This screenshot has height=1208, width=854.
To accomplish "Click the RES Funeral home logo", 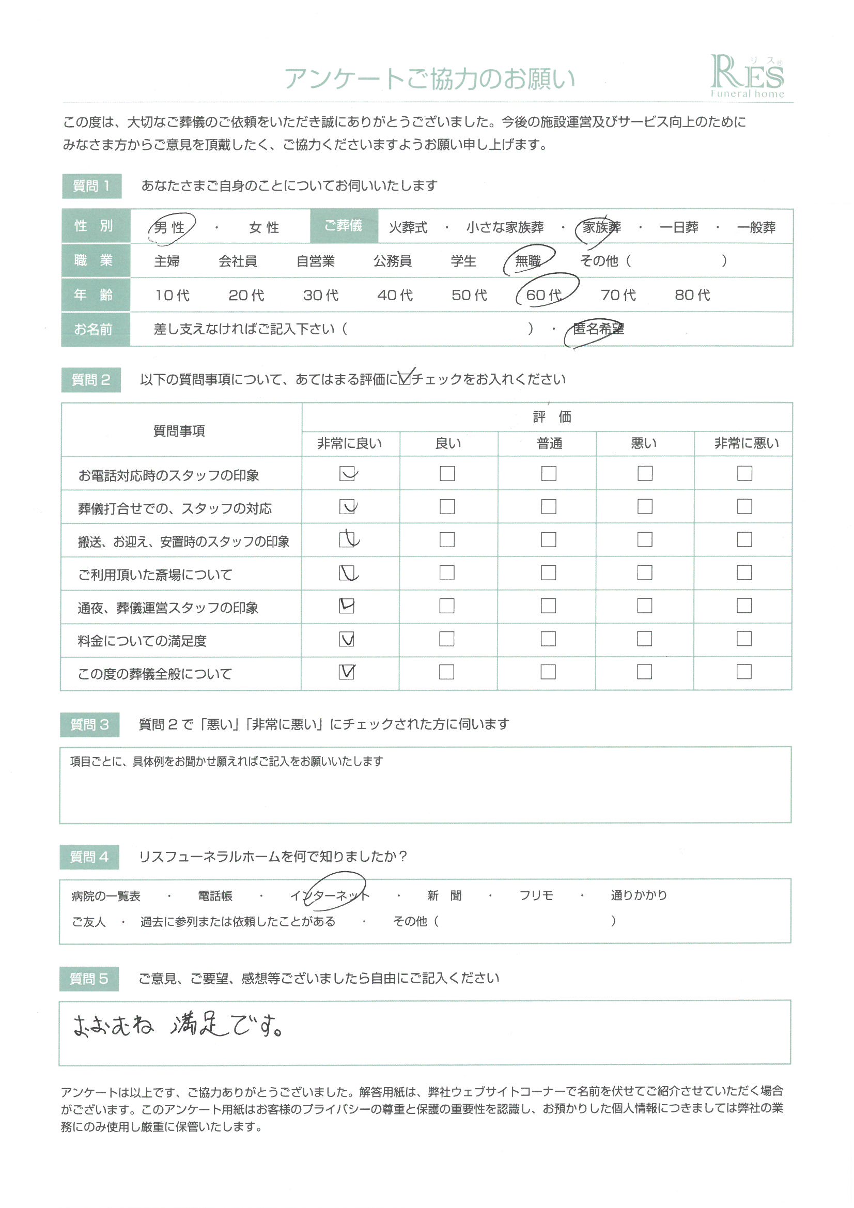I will point(747,77).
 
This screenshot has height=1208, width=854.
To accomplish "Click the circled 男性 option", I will point(170,227).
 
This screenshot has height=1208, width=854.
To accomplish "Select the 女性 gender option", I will point(263,227).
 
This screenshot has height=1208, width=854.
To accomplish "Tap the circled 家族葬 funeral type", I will point(601,227).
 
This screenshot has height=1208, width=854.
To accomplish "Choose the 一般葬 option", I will point(756,227).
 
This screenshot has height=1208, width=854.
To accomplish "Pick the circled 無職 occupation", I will point(528,260).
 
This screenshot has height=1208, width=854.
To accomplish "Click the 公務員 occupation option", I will point(392,261).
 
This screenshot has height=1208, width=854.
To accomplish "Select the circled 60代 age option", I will point(544,295).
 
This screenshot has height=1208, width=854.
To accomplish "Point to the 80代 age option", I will point(692,295).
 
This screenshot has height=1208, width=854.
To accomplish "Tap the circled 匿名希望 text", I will point(598,329).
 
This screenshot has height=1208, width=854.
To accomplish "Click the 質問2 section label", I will point(91,379).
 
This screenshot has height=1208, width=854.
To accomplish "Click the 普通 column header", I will point(549,443).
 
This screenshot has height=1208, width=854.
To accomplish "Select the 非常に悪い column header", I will point(746,443).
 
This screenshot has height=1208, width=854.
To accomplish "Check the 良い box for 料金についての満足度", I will point(447,639).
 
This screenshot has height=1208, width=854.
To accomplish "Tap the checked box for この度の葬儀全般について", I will point(347,672).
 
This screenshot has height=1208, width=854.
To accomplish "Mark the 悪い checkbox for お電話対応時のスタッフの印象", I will point(645,473).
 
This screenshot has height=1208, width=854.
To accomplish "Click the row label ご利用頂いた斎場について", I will point(154,575).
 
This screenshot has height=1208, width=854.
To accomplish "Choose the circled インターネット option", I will point(330,895).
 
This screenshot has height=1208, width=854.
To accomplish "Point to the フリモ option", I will point(536,895).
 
